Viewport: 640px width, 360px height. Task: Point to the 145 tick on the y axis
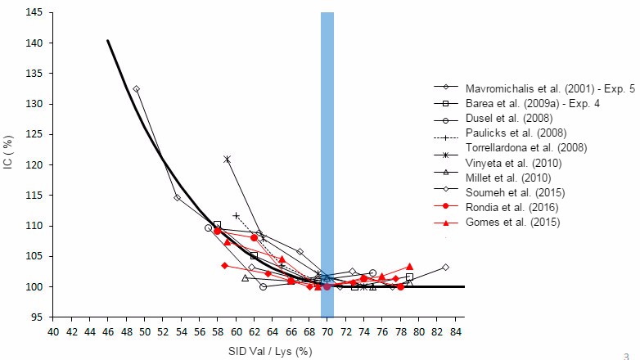click(x=35, y=12)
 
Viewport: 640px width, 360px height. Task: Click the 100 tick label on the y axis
click(x=35, y=287)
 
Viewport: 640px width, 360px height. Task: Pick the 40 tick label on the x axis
click(x=54, y=331)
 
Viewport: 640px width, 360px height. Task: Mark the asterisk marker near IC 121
click(x=227, y=159)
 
